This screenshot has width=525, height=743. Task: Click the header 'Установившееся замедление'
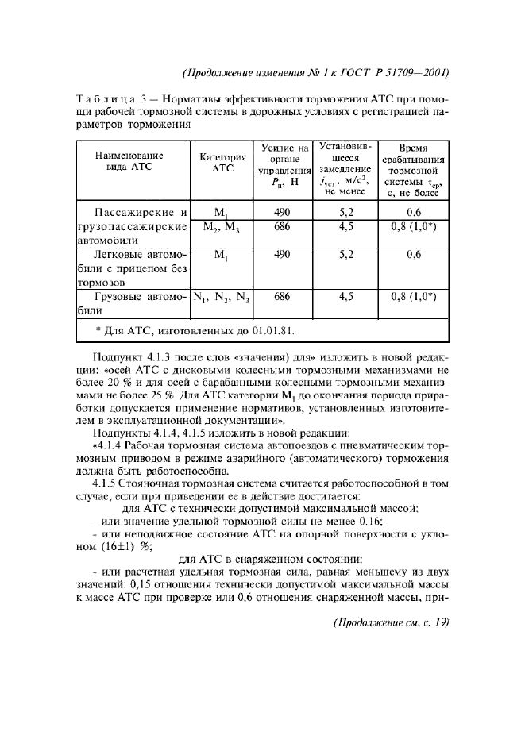[x=345, y=169]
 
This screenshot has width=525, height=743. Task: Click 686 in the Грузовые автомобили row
[x=281, y=295]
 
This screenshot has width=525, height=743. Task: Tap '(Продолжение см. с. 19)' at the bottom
[x=388, y=622]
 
